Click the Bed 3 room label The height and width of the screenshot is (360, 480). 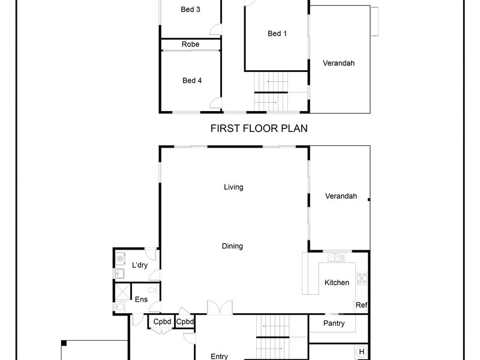pos(190,10)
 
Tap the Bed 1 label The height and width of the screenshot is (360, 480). pos(277,34)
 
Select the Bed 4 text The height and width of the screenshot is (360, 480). pos(192,80)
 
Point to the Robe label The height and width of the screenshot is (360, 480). pos(190,44)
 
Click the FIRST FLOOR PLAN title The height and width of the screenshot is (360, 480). pos(259,128)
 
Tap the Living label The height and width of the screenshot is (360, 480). pos(233,187)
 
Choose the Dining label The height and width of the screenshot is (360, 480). pos(232,246)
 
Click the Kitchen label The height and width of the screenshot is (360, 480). pos(337,283)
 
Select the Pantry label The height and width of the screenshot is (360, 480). pos(334,323)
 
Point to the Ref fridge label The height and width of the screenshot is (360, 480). pos(362,305)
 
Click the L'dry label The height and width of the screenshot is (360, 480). pos(140,265)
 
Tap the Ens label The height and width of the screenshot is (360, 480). pos(141,299)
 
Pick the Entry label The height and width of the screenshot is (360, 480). pos(219,356)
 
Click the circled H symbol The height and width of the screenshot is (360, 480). pos(362,352)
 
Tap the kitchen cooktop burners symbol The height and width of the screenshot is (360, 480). pos(362,278)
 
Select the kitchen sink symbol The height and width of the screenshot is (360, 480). pos(336,258)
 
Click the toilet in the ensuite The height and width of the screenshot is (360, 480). pos(153,290)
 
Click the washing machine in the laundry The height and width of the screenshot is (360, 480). pos(120,259)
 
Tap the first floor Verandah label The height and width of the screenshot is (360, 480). pos(338,63)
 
